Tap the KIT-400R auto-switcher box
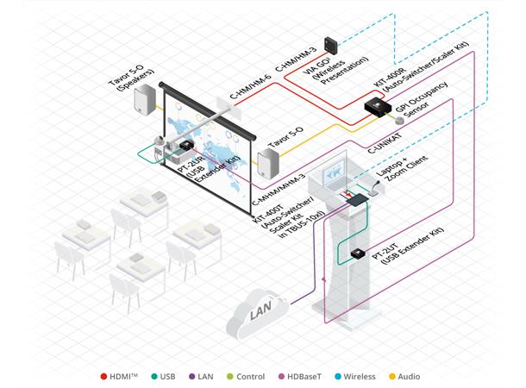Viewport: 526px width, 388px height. [x=377, y=107]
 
